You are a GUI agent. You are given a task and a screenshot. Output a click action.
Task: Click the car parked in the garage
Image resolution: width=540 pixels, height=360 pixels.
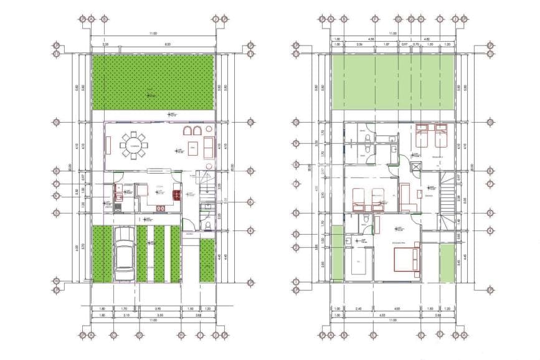click(125, 255)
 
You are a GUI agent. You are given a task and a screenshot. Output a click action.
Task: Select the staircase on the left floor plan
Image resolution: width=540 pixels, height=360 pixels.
click(206, 183)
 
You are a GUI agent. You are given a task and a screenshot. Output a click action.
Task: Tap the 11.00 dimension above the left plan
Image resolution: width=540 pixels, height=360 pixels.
click(152, 34)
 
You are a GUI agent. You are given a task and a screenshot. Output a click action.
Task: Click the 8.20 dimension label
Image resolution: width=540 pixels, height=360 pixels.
click(168, 45)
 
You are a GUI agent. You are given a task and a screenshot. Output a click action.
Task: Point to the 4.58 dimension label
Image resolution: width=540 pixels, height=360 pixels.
click(371, 39)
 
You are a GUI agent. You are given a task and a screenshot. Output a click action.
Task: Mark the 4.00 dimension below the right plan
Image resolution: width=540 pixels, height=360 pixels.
click(397, 308)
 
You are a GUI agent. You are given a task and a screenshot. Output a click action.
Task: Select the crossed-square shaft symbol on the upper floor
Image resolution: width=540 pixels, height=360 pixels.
click(414, 168)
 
